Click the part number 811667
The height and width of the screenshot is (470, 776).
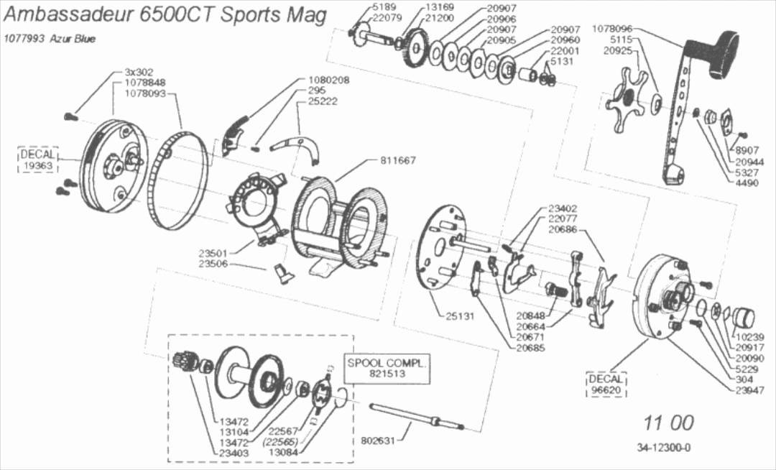pos(398,160)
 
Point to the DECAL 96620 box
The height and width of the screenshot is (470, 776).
pos(606,384)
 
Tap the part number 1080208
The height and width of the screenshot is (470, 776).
pos(328,80)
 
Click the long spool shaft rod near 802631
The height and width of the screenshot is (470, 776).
pos(416,417)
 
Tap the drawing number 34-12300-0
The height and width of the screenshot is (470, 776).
pos(663,448)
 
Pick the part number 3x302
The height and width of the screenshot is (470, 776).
pos(139,73)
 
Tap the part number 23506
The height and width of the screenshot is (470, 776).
pos(213,264)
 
